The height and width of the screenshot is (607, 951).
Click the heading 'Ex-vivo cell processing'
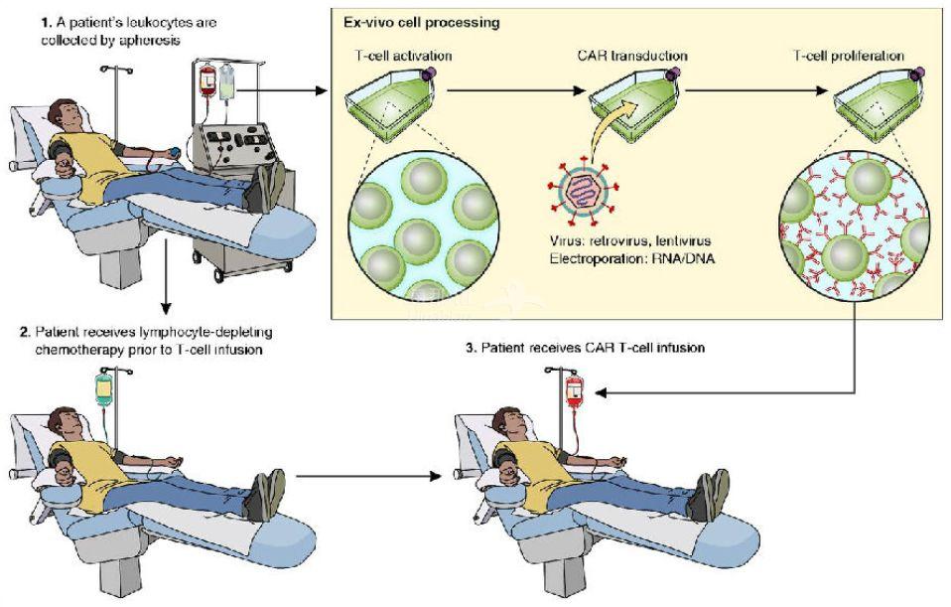click(423, 21)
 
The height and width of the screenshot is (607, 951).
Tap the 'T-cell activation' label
click(403, 56)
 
